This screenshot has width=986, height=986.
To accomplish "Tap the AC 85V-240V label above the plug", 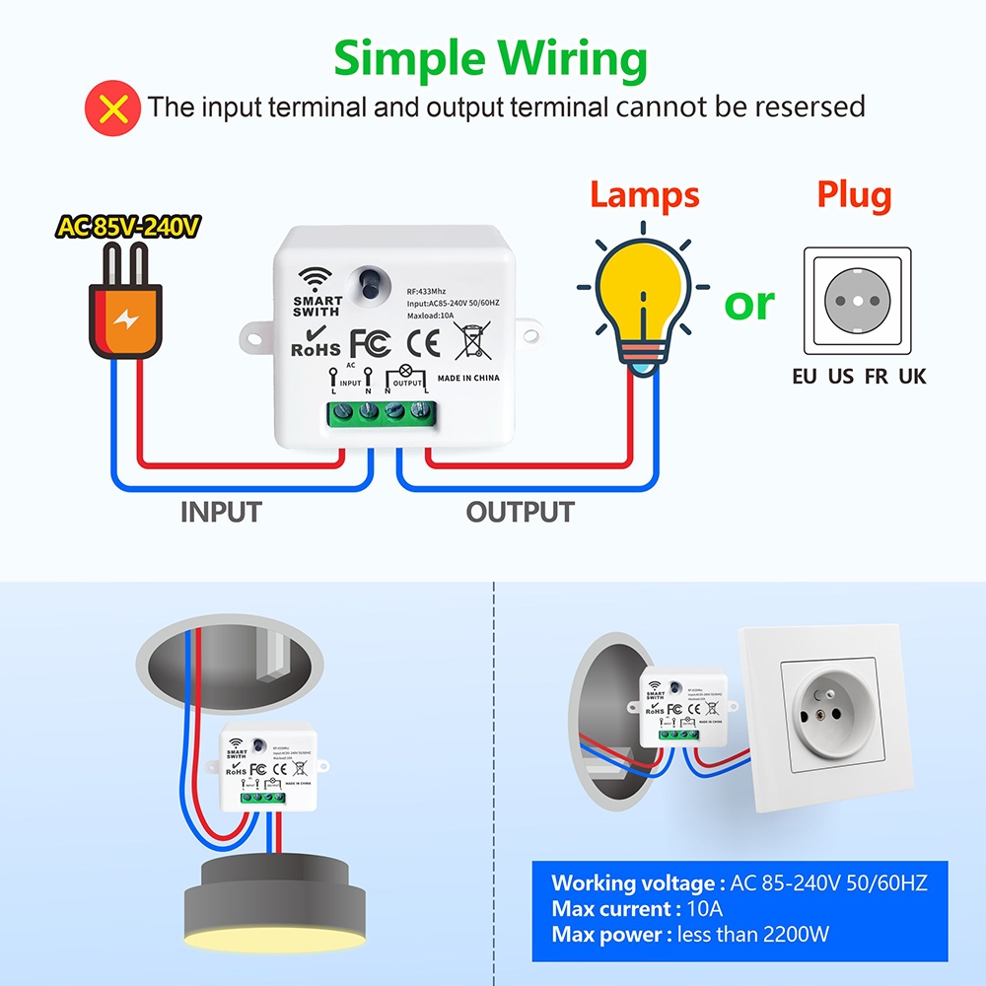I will tap(128, 227).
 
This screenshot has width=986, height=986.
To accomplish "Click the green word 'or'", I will tap(749, 303).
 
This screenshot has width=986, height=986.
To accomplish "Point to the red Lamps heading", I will tap(644, 194).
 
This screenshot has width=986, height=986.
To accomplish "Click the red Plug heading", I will tap(854, 194).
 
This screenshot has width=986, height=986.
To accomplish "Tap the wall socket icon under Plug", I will tap(857, 301).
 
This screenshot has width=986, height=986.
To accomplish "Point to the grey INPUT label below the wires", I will tap(221, 513).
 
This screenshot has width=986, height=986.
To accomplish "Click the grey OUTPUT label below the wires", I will tap(520, 513).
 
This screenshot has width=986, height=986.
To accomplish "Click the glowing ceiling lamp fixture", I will tap(275, 892).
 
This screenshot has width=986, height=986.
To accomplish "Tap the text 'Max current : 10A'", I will tap(637, 908).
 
